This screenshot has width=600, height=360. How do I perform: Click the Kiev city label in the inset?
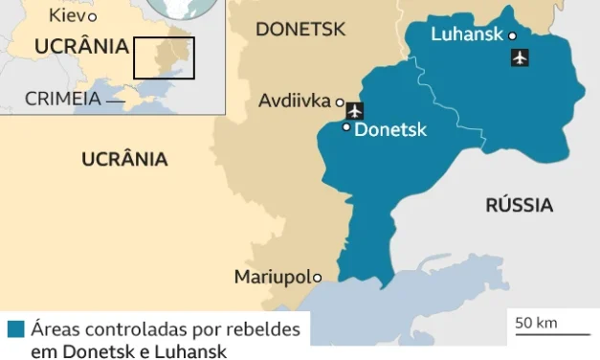(66, 15)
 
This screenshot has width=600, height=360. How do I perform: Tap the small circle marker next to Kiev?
(92, 17)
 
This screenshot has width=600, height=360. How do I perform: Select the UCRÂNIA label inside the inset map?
(81, 46)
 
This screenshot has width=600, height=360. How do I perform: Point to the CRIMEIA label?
(63, 98)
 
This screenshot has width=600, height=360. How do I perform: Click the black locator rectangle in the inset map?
(164, 57)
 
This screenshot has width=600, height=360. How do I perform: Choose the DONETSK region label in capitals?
(300, 30)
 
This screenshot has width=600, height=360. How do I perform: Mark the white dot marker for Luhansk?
(513, 36)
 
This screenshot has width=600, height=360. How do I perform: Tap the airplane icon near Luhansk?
(520, 57)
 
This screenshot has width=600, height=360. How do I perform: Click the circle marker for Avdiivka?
(339, 101)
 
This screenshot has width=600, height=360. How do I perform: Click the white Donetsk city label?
(390, 130)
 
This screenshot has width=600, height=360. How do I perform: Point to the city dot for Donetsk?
(346, 126)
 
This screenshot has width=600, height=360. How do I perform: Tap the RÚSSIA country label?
(519, 205)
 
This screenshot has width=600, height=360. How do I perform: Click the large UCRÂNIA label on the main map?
(124, 159)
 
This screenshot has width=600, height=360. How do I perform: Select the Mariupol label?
(273, 278)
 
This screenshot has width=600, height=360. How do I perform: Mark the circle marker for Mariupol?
(318, 278)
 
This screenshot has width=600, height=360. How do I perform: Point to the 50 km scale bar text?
(536, 323)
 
